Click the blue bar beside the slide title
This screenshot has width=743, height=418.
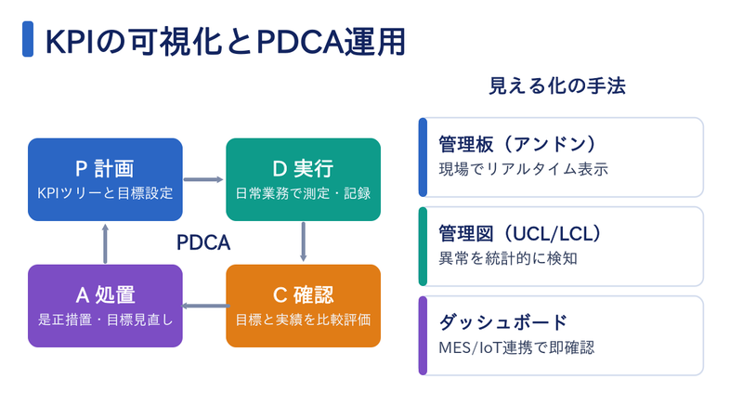point(28,39)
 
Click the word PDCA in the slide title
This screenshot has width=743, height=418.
point(299,42)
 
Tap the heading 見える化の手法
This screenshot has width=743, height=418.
point(557,85)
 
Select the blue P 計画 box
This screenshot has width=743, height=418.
point(105,179)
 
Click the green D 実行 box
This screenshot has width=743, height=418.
point(304,179)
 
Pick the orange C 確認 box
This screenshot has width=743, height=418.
point(304,306)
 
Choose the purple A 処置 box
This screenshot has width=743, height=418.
point(105,306)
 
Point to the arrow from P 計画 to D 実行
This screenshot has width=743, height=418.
point(203,179)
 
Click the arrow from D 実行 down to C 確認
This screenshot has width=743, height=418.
point(304,242)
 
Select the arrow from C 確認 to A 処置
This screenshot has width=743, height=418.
point(205,306)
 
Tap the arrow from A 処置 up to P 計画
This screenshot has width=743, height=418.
point(105,243)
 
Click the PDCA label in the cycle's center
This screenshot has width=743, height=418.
point(203,242)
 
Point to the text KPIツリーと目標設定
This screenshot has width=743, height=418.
point(105,193)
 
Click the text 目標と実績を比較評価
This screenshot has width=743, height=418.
point(304,320)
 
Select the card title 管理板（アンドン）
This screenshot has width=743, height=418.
point(517,144)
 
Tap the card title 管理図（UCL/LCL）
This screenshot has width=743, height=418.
point(520,234)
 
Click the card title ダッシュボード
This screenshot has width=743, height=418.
point(502,322)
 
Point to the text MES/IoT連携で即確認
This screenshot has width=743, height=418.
point(516,347)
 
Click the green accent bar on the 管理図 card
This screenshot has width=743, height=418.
point(423,246)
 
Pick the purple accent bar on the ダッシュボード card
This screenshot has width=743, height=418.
point(423,335)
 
